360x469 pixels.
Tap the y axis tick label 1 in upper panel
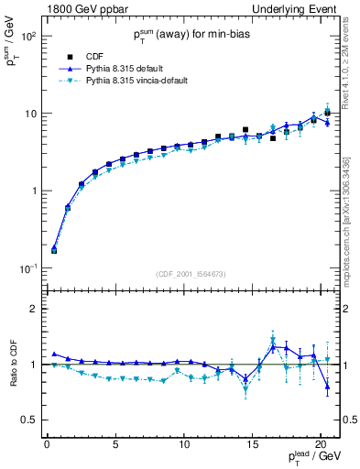pos(33,191)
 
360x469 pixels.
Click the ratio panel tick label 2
pos(33,309)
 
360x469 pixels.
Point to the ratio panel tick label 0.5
pos(28,420)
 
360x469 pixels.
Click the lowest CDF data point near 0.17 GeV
pos(53,249)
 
